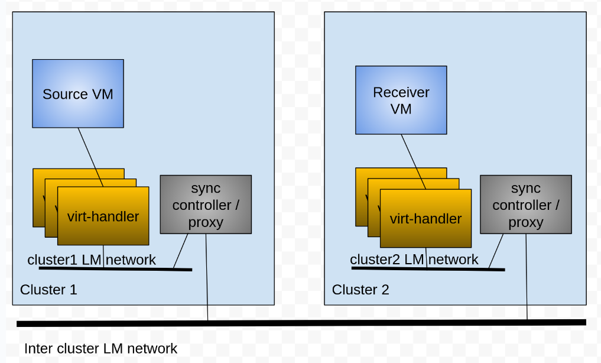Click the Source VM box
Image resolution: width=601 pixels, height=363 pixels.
tap(77, 93)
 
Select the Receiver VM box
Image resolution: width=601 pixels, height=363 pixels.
tap(401, 100)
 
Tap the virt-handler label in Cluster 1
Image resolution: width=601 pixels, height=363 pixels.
tap(103, 216)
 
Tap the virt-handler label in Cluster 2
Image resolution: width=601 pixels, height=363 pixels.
tap(425, 219)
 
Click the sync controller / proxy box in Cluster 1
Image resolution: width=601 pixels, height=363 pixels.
tap(206, 205)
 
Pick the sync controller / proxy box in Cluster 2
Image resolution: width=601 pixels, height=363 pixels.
tap(525, 205)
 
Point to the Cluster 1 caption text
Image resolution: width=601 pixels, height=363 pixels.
tap(48, 290)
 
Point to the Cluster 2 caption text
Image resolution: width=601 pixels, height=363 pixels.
tap(360, 290)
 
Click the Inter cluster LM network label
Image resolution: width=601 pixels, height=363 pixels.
tap(100, 349)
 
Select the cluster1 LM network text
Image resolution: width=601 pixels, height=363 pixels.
tap(92, 260)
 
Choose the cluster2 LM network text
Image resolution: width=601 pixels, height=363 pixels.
tap(414, 259)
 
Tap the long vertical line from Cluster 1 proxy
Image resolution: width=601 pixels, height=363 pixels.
tap(207, 278)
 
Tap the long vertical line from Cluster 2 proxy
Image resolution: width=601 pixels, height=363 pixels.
tap(527, 278)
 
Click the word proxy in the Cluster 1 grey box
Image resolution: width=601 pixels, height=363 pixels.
tap(206, 222)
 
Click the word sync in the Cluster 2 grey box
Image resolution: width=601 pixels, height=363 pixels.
tap(525, 188)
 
